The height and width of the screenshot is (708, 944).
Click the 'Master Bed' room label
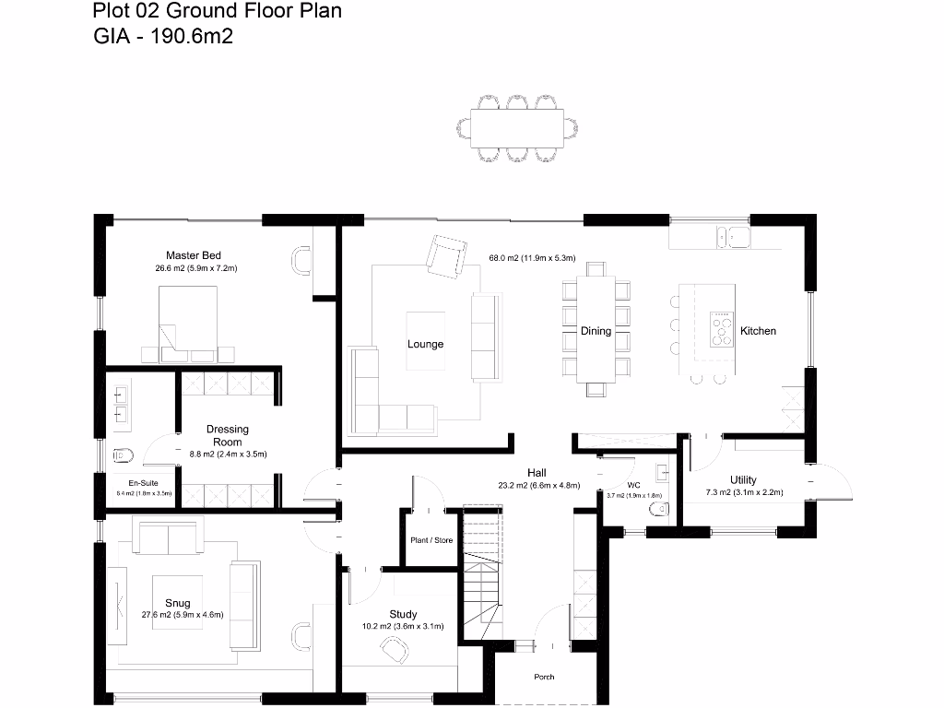[193, 255]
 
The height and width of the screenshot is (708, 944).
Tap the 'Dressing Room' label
[227, 435]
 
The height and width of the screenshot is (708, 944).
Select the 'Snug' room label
[178, 603]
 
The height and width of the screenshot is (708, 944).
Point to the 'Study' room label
[403, 614]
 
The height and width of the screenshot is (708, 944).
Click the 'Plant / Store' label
[431, 540]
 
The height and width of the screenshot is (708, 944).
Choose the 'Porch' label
[544, 677]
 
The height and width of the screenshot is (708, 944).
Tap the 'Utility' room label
[743, 479]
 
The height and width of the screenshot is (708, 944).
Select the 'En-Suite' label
[142, 483]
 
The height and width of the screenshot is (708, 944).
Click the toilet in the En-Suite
[124, 454]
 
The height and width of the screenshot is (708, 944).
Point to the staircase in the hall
[481, 572]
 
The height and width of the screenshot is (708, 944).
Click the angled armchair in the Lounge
[447, 255]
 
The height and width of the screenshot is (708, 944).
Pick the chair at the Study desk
[394, 651]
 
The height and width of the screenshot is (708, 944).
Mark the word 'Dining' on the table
[596, 331]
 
